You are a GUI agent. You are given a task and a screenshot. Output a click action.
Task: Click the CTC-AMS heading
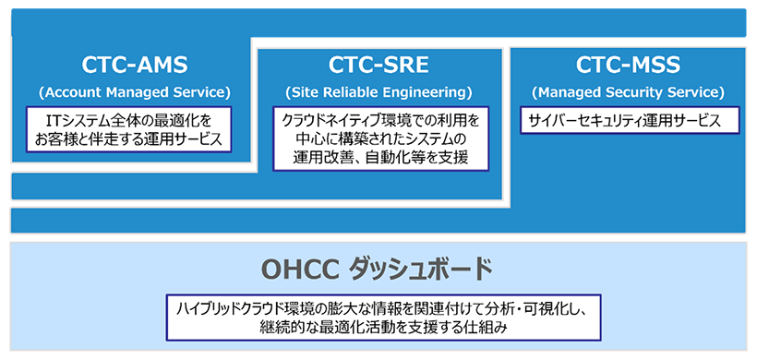pos(134,66)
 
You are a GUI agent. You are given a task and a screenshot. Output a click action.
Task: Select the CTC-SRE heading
pos(378,66)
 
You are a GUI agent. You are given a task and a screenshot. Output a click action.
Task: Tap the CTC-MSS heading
pos(628,66)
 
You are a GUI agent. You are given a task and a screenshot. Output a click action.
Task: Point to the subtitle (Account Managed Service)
pos(134,92)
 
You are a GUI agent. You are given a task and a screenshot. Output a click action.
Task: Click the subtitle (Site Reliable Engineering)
pos(378,92)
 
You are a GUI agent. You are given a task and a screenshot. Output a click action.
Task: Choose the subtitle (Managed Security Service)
pos(628,92)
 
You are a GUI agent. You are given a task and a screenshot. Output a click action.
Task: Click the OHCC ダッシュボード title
pos(377,270)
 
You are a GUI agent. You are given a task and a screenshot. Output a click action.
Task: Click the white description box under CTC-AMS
pos(129,129)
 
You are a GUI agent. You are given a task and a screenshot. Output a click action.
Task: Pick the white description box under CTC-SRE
pos(380,138)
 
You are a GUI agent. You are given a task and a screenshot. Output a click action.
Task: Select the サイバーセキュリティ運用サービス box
pos(630,121)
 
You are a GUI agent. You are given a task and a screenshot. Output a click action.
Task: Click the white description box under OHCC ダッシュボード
pos(383,318)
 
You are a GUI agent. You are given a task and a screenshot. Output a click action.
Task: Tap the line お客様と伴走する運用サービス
pos(128,139)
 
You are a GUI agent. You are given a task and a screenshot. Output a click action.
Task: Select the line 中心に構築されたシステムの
pos(380,139)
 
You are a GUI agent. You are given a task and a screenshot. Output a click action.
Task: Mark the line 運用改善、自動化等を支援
pos(380,158)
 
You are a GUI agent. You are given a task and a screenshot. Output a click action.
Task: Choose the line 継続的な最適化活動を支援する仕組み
pos(383,328)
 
